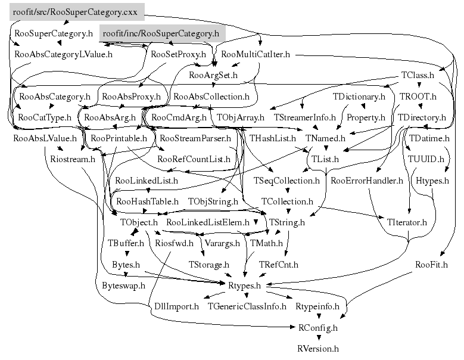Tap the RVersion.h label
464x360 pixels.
pyautogui.click(x=317, y=348)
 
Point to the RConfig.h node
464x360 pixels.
pyautogui.click(x=317, y=327)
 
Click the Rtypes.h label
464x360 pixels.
pyautogui.click(x=245, y=286)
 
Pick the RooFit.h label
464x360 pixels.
pyautogui.click(x=431, y=264)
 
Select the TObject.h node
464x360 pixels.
pyautogui.click(x=138, y=222)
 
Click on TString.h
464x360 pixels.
pyautogui.click(x=287, y=222)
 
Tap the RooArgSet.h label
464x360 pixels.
pyautogui.click(x=213, y=75)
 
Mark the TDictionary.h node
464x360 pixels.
pyautogui.click(x=359, y=96)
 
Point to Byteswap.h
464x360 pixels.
pyautogui.click(x=123, y=285)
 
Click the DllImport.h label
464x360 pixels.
pyautogui.click(x=177, y=306)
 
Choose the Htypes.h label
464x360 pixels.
pyautogui.click(x=432, y=180)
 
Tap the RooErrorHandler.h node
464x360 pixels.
pyautogui.click(x=367, y=180)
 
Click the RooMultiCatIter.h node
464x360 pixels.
pyautogui.click(x=255, y=54)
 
